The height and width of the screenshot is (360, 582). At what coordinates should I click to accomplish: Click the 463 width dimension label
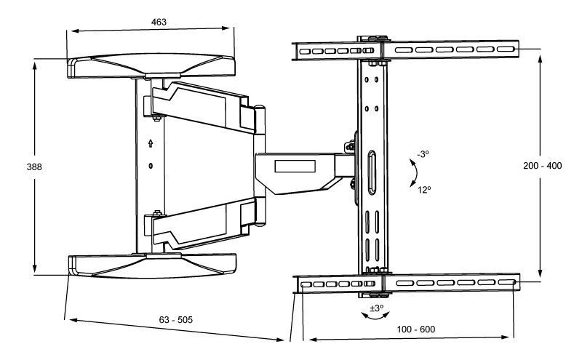pyautogui.click(x=159, y=22)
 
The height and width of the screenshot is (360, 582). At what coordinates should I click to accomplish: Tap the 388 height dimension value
pyautogui.click(x=34, y=167)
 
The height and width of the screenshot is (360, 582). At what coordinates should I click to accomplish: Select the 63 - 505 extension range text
pyautogui.click(x=175, y=319)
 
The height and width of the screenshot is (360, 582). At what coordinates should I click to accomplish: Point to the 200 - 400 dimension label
pyautogui.click(x=542, y=166)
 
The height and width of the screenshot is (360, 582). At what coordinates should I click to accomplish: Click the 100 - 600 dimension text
pyautogui.click(x=415, y=329)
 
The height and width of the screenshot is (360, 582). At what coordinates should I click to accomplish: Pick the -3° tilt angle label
pyautogui.click(x=423, y=153)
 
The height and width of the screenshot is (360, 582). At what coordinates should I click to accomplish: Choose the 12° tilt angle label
pyautogui.click(x=424, y=190)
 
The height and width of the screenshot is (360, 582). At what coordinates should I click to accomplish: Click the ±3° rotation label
pyautogui.click(x=376, y=308)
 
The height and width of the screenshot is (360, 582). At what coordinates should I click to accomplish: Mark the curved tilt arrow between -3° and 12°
pyautogui.click(x=416, y=173)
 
